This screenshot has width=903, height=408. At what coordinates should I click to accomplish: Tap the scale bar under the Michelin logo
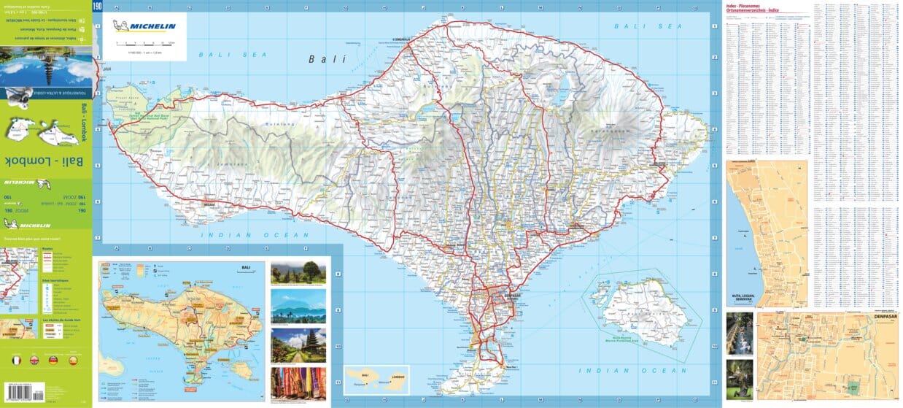point(145,43)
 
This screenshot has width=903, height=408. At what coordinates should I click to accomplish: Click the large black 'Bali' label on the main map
point(327,59)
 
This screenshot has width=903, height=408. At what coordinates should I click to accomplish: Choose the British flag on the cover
point(34,360)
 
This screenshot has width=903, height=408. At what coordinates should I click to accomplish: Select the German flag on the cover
point(53,360)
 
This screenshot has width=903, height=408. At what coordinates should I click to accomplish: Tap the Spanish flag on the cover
point(72,360)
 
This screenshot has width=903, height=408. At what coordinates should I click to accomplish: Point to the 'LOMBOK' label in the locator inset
point(392,377)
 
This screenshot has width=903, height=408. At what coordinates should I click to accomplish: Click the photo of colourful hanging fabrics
point(298,382)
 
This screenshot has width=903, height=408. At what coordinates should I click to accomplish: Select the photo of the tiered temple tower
point(298,345)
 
